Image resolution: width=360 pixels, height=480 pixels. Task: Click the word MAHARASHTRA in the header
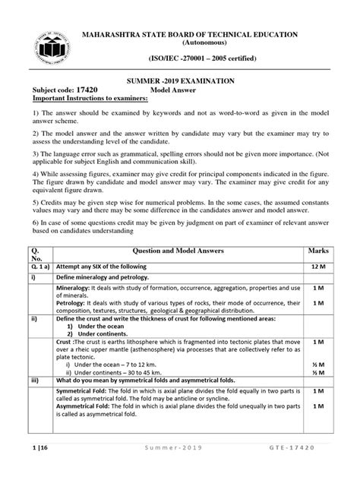point(117,35)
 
